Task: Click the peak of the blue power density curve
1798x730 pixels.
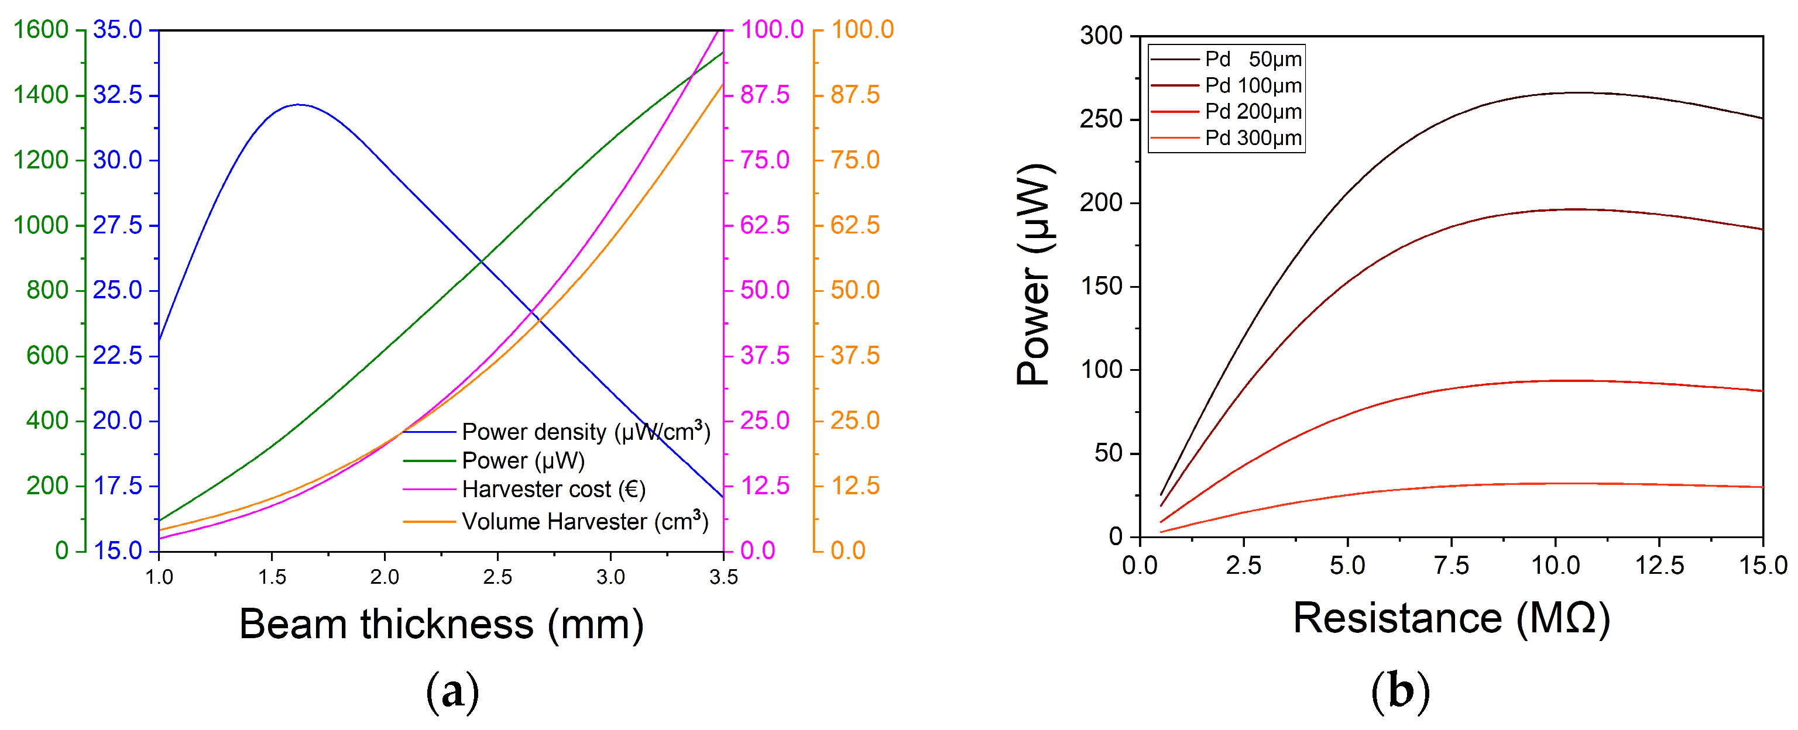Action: pyautogui.click(x=298, y=105)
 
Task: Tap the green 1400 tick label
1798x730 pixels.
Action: pyautogui.click(x=40, y=95)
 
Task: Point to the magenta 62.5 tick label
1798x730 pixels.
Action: pyautogui.click(x=765, y=225)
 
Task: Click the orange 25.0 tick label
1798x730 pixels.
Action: pyautogui.click(x=855, y=421)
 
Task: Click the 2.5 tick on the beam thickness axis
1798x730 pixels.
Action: pyautogui.click(x=497, y=577)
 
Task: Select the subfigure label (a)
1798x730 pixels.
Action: pyautogui.click(x=452, y=691)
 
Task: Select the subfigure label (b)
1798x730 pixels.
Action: pyautogui.click(x=1400, y=691)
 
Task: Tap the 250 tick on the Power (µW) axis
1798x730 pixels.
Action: pyautogui.click(x=1102, y=119)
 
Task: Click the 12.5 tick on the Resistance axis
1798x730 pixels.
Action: pyautogui.click(x=1660, y=565)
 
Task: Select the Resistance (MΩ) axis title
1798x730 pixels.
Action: pyautogui.click(x=1451, y=618)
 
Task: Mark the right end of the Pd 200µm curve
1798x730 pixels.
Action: pyautogui.click(x=1762, y=391)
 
